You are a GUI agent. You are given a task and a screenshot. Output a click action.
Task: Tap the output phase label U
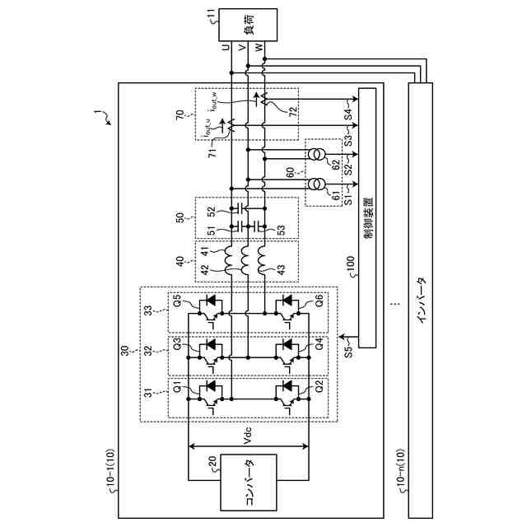227,49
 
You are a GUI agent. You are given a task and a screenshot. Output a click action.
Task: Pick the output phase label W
262,49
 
